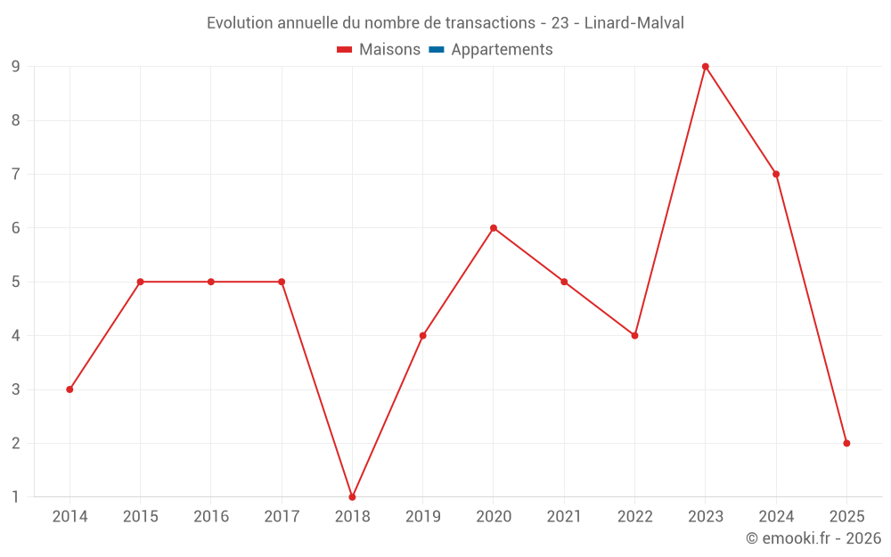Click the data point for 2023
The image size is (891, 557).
click(x=705, y=67)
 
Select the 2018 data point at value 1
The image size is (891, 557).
click(x=352, y=496)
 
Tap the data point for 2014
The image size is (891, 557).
click(x=69, y=389)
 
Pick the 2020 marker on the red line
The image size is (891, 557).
click(x=494, y=228)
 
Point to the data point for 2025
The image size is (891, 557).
click(x=846, y=443)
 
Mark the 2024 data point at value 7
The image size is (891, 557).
click(x=776, y=174)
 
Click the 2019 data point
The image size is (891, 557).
click(x=422, y=335)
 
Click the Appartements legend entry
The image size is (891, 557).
click(x=502, y=50)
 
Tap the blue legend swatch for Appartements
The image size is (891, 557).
click(x=437, y=50)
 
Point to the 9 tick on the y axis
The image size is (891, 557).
click(x=16, y=67)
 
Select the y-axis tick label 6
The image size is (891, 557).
click(x=16, y=228)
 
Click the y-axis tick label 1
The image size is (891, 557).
click(x=16, y=496)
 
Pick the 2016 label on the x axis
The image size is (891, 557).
click(x=211, y=517)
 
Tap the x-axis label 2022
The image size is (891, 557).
click(x=634, y=517)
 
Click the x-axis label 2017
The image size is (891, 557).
click(x=282, y=517)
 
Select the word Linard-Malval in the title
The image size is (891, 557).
click(x=634, y=23)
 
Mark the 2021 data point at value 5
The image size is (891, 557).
click(x=564, y=282)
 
